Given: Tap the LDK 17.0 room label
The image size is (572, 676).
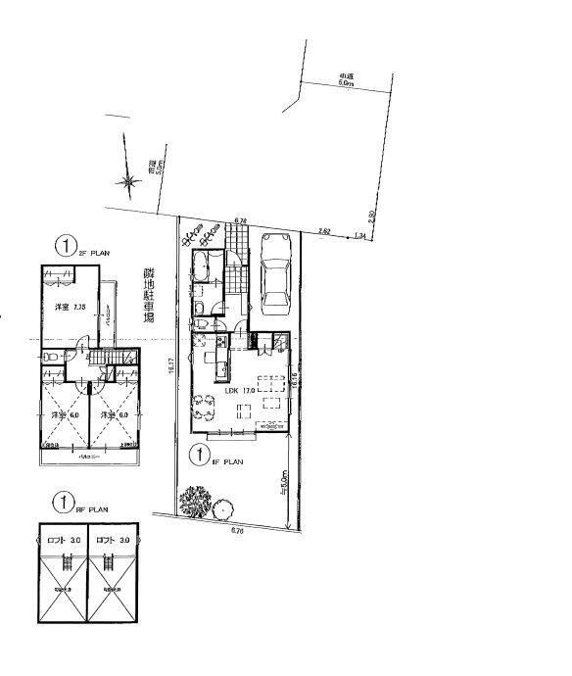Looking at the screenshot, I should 241,390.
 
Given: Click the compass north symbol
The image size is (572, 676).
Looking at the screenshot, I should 126,180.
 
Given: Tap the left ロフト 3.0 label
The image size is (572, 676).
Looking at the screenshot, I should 62,540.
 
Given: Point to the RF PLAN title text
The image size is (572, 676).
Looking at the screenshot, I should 93,509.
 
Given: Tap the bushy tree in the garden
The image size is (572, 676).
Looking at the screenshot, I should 194,505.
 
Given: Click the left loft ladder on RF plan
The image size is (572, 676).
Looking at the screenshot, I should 67,562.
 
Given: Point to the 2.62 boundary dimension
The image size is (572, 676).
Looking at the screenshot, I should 324,230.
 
